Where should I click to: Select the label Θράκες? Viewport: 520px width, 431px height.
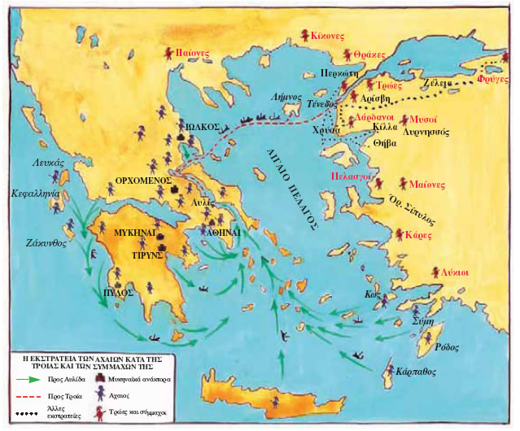click(x=369, y=54)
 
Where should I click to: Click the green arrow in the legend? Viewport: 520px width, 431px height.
click(x=25, y=378)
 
